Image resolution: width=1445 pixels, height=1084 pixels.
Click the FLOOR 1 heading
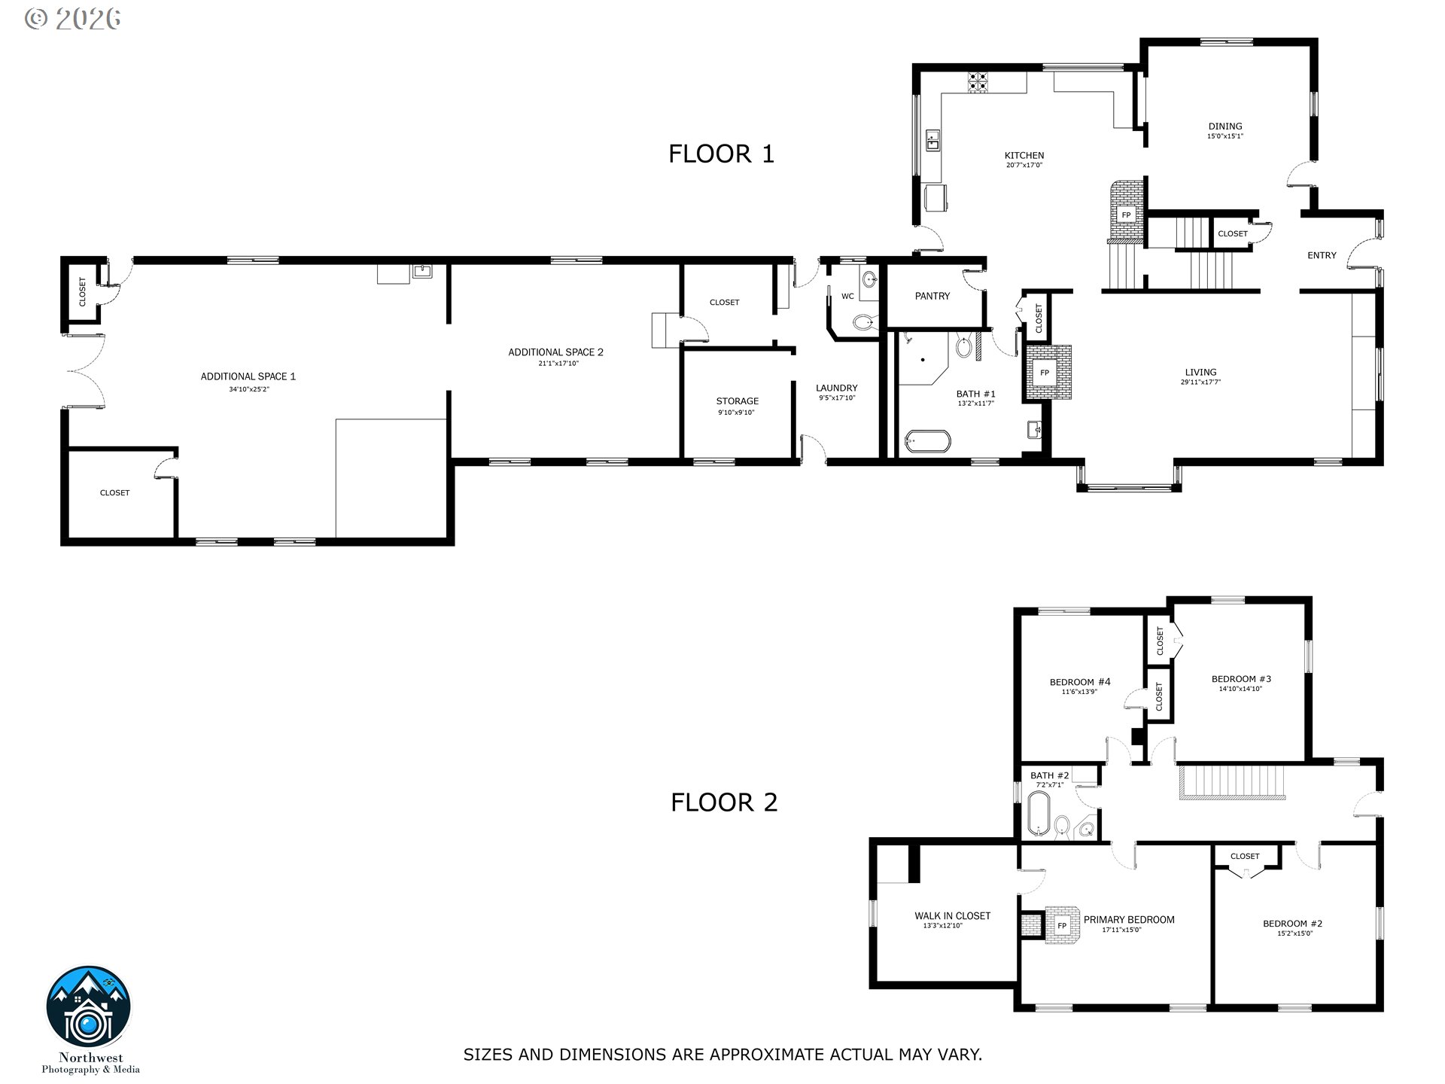721,154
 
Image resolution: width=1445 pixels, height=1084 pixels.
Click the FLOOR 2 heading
723,802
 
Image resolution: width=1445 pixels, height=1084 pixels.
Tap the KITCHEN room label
1024,156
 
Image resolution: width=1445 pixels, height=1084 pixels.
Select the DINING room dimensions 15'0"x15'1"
1224,136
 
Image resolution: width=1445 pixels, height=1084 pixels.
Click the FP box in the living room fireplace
1045,373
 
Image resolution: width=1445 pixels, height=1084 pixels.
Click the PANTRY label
932,296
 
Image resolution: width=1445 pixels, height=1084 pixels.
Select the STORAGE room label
737,401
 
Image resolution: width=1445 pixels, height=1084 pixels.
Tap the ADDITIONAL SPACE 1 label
248,376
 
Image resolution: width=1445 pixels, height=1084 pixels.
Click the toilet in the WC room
865,324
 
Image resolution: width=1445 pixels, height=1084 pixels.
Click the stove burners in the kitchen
978,81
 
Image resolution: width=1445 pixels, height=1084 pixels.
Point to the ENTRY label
1321,255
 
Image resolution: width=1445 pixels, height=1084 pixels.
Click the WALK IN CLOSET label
952,916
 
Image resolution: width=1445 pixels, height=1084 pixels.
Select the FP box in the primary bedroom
1062,926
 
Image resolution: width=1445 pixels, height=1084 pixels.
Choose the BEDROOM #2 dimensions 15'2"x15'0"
1294,933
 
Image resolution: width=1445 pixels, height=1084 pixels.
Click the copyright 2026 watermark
72,19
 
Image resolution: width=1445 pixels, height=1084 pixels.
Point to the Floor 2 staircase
1231,781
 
